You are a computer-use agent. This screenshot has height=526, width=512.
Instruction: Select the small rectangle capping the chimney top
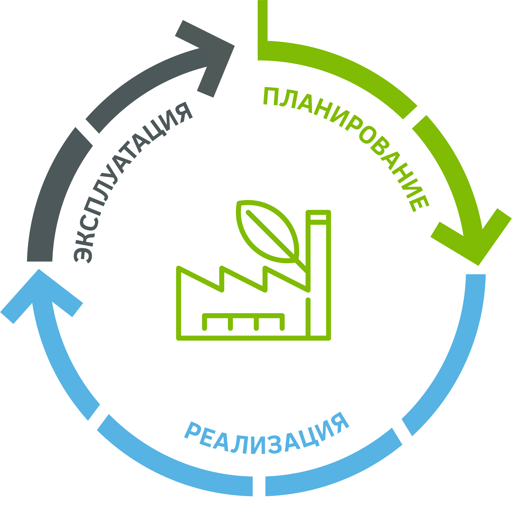pos(318,217)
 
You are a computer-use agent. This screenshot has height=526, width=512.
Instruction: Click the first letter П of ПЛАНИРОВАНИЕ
pos(271,96)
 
